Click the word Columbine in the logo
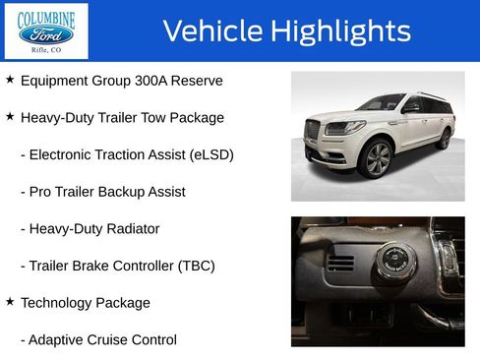(x=46, y=16)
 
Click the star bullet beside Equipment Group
(x=10, y=80)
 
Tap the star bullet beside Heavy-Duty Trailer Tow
(x=10, y=117)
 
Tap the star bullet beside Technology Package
(x=10, y=302)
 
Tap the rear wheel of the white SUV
(x=445, y=138)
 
